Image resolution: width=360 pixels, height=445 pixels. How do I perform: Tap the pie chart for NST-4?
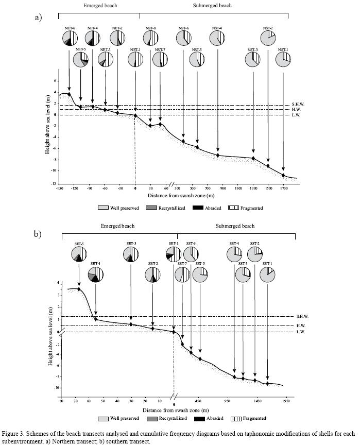217,39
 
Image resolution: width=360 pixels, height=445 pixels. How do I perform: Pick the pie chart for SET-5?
79,254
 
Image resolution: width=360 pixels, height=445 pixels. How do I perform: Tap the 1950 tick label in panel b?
284,400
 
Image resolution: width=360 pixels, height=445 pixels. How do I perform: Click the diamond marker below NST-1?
283,176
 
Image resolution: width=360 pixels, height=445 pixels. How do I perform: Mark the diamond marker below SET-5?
79,289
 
